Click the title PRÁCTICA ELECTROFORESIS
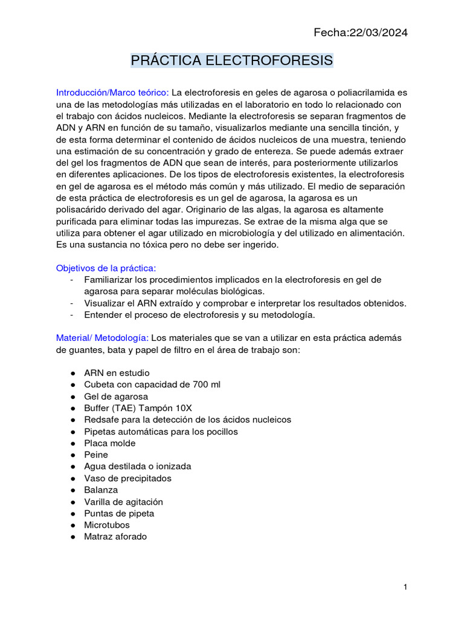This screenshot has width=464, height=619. (232, 61)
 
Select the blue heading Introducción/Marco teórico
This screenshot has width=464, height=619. (112, 92)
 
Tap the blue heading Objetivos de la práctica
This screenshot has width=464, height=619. (106, 268)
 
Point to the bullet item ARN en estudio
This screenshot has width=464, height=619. (117, 373)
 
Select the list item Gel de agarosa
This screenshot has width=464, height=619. (116, 397)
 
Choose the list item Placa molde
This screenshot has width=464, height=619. (110, 443)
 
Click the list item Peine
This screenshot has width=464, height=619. (96, 455)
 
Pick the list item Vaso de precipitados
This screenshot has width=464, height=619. (127, 478)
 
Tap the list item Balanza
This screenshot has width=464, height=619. (101, 490)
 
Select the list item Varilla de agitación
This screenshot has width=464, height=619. (123, 502)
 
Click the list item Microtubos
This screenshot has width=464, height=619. (107, 525)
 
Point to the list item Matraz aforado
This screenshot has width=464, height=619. (115, 536)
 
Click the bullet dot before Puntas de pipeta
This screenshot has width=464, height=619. (72, 513)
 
